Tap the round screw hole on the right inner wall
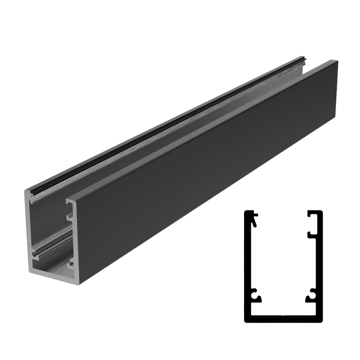[71, 265]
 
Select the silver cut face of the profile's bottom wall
[56, 277]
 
